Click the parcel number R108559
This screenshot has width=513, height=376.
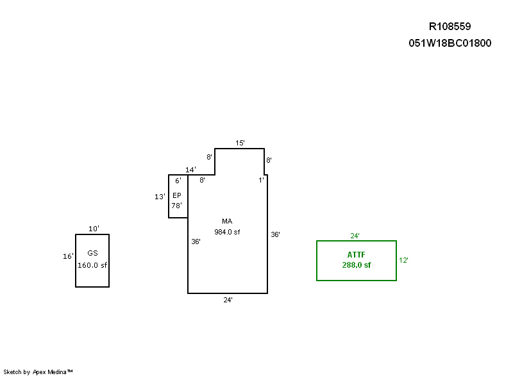[450, 26]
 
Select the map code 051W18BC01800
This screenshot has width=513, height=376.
[450, 43]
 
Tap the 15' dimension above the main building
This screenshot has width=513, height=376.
[240, 143]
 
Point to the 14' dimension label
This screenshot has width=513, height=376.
[190, 170]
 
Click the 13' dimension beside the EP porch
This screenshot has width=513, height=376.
[160, 197]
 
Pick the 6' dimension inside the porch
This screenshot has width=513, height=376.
[178, 181]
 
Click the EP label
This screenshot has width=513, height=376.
[177, 195]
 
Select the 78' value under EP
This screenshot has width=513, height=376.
[177, 206]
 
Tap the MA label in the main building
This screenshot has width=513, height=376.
[227, 221]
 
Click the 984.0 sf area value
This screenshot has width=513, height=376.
[227, 232]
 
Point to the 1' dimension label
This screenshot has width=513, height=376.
[261, 180]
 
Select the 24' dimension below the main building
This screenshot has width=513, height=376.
[228, 300]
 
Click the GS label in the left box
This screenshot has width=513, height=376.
[92, 253]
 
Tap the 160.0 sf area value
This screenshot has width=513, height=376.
[92, 265]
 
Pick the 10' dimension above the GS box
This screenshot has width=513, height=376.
[94, 229]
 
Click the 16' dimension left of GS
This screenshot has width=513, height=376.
[68, 256]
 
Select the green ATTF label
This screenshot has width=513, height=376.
[357, 255]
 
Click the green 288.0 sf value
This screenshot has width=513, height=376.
[357, 265]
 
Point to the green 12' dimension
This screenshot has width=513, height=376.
[403, 260]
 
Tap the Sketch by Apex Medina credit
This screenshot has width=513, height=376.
[38, 372]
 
